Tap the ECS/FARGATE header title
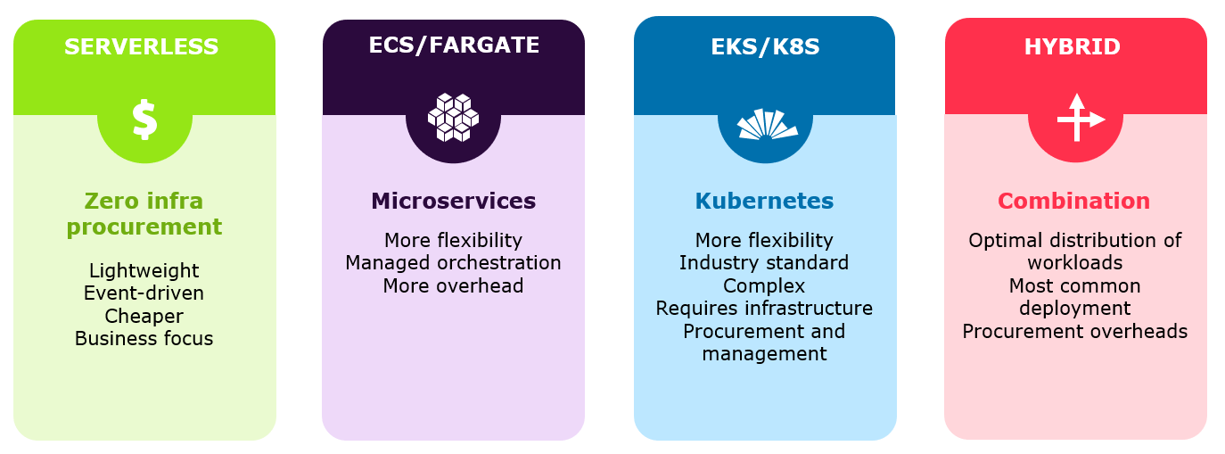click(x=454, y=45)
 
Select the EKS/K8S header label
click(x=765, y=47)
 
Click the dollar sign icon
click(x=144, y=120)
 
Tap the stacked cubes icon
click(x=453, y=118)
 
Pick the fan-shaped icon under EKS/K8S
click(x=766, y=124)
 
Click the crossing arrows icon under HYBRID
click(x=1079, y=118)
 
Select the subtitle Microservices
click(x=453, y=201)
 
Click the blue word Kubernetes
click(x=764, y=201)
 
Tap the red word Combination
click(x=1075, y=201)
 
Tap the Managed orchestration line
click(x=453, y=263)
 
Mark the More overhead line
click(x=453, y=285)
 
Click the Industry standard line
click(x=764, y=263)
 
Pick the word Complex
click(x=764, y=285)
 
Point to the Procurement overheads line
click(x=1075, y=332)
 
